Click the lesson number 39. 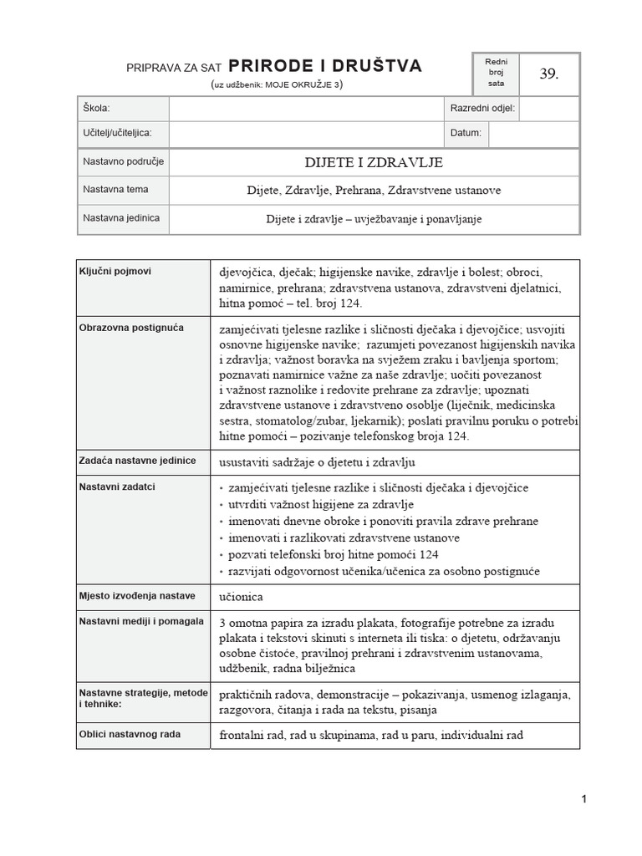point(548,74)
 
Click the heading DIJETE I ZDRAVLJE point(374,162)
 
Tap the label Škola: point(96,109)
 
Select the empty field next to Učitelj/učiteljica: point(304,133)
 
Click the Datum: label point(466,133)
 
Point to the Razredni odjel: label point(482,109)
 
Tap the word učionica point(242,597)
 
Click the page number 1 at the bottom point(583,799)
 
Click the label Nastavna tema point(115,190)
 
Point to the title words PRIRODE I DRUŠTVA point(325,66)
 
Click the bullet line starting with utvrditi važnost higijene point(321,504)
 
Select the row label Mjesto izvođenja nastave point(136,595)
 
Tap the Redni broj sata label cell point(496,74)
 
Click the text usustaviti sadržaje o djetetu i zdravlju point(317,462)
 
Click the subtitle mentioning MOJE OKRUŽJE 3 point(277,84)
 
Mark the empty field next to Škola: point(304,109)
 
